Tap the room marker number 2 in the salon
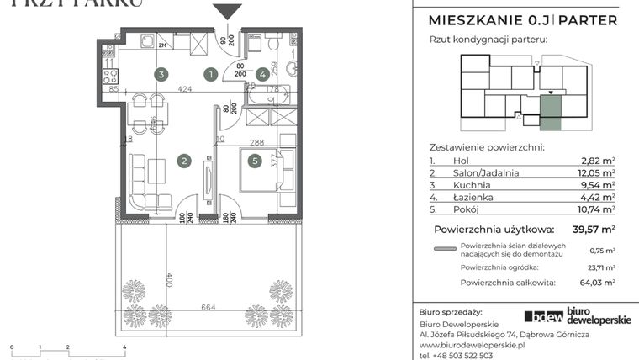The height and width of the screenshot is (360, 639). (x=182, y=160)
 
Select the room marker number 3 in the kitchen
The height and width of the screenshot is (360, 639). (x=160, y=74)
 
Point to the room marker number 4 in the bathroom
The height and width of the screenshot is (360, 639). (x=262, y=74)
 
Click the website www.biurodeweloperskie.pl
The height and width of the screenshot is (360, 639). (x=472, y=345)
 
